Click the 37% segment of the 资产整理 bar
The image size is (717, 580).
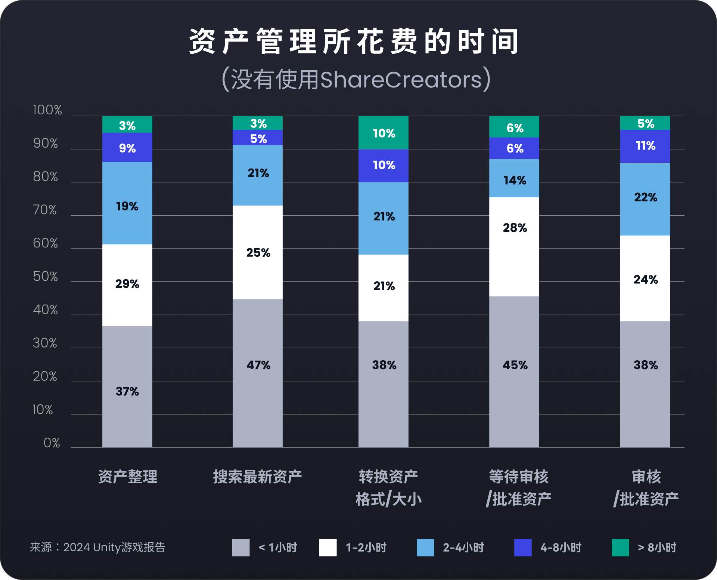pos(127,386)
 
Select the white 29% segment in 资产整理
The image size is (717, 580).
pos(127,285)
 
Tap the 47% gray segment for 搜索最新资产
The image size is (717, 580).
pos(258,373)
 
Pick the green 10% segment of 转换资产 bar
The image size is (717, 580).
pos(384,133)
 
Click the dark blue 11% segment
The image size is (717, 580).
pos(645,146)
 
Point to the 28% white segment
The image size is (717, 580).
pos(514,247)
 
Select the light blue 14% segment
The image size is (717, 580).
pos(514,178)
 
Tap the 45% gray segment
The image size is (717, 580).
pos(514,371)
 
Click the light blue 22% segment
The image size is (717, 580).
pos(645,199)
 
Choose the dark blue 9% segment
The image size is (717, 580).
pos(127,147)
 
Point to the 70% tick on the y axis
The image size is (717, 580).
pos(45,210)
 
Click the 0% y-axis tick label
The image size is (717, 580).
pos(52,443)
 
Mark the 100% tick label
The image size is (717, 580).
pos(47,110)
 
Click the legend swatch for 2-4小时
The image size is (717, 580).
pos(425,547)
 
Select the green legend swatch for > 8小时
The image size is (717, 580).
pos(620,547)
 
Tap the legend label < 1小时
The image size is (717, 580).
pos(278,547)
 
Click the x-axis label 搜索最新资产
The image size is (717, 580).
pos(257,477)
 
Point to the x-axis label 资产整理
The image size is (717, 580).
pos(128,477)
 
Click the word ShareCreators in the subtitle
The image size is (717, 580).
pos(401,80)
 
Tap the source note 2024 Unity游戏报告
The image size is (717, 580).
pos(114,547)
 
